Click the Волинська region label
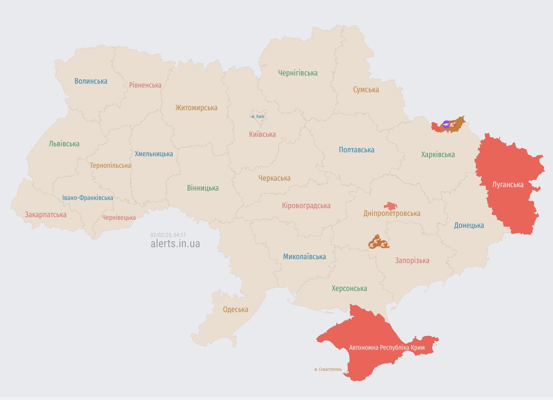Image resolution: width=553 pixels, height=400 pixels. click(91, 81)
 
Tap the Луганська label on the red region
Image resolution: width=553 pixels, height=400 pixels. click(508, 185)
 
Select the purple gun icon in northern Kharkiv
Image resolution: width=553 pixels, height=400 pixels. click(446, 124)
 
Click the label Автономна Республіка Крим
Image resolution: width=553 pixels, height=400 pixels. click(387, 347)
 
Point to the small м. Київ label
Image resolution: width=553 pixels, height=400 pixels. click(257, 116)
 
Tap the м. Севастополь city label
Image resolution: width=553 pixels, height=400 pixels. click(328, 369)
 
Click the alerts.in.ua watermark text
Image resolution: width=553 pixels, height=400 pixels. click(175, 243)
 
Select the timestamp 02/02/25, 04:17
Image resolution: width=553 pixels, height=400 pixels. click(168, 235)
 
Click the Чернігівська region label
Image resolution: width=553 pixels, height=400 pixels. click(298, 73)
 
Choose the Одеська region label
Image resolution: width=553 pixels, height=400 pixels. click(235, 309)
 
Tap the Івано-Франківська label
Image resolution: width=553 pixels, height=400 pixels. click(88, 198)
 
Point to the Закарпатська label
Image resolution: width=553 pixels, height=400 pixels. click(45, 215)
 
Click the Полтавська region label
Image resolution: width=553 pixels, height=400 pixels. click(356, 150)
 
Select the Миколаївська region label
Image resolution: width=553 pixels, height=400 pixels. click(304, 257)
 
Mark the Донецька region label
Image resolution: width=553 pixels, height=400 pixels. click(469, 225)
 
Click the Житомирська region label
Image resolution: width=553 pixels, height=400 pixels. click(196, 108)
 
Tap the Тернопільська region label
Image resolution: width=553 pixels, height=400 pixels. click(111, 165)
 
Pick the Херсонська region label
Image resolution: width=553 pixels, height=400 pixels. click(349, 288)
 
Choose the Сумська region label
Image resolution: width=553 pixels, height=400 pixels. click(366, 90)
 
